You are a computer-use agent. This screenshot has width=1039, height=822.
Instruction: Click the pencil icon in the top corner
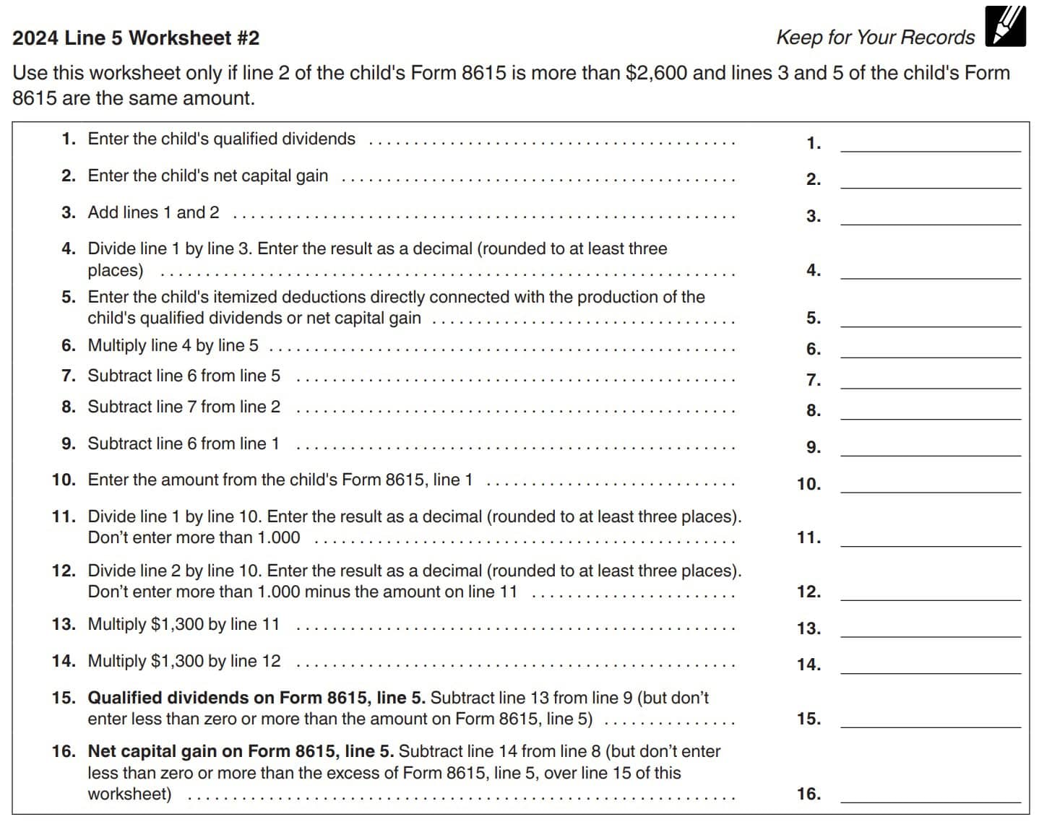(x=1005, y=27)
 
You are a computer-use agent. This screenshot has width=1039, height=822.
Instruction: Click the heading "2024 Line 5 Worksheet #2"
(x=136, y=38)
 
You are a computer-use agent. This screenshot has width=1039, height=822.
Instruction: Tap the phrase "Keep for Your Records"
(x=875, y=38)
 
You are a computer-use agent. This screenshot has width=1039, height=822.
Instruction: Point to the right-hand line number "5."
(x=814, y=319)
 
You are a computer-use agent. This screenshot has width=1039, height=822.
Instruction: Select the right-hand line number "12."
(x=809, y=592)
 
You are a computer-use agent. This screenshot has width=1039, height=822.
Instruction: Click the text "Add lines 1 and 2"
(x=153, y=212)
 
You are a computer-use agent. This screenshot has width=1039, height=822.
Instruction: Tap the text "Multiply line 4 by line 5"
(x=173, y=345)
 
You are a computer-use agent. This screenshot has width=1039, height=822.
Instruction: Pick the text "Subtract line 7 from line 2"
(x=184, y=407)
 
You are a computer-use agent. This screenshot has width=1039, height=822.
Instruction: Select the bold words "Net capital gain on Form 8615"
(x=230, y=751)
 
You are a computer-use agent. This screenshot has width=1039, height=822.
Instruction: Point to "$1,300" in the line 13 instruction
(x=177, y=624)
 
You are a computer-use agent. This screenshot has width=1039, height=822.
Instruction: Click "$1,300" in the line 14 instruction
(x=177, y=661)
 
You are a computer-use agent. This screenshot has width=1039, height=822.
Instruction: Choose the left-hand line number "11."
(x=64, y=516)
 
